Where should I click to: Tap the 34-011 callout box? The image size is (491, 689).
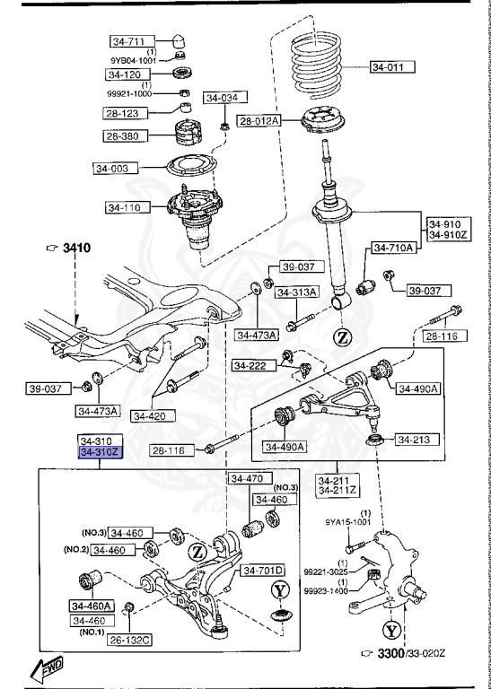click(392, 65)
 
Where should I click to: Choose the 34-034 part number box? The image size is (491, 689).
click(224, 98)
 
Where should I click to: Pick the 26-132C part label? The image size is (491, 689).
click(129, 640)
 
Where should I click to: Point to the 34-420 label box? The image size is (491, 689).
click(151, 415)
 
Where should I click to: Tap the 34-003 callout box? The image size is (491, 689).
click(116, 167)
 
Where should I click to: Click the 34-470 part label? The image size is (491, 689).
click(247, 478)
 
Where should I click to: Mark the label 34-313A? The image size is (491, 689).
click(294, 292)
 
